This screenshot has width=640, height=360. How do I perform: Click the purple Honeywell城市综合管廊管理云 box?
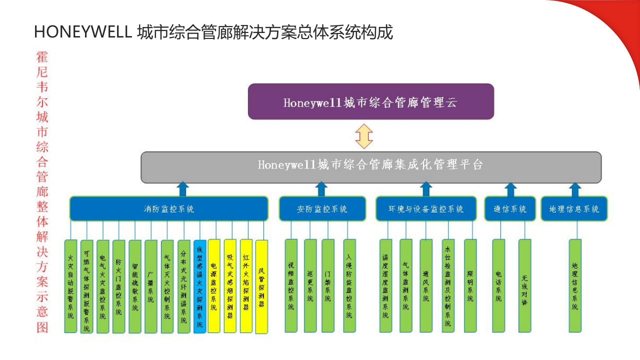(370, 101)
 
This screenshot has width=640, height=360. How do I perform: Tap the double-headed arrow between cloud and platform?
(364, 136)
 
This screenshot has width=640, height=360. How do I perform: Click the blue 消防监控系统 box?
(168, 208)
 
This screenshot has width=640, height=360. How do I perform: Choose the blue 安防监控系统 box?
(321, 208)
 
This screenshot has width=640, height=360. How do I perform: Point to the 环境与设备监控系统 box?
(426, 208)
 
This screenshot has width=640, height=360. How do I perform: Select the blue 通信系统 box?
(510, 208)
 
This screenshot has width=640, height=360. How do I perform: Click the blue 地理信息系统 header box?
(574, 208)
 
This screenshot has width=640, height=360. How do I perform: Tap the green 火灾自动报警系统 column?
(70, 286)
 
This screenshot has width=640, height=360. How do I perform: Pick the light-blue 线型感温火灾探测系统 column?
(199, 286)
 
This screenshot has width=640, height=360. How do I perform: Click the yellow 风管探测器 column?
(261, 286)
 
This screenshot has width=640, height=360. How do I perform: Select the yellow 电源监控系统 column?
(213, 286)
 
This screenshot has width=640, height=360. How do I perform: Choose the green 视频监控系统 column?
(291, 285)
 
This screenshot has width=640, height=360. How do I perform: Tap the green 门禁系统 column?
(327, 285)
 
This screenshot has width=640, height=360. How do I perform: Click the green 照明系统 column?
(470, 285)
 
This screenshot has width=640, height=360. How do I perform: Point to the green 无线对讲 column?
(524, 285)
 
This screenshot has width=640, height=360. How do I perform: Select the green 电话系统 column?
(498, 285)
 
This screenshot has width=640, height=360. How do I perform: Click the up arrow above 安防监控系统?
(321, 189)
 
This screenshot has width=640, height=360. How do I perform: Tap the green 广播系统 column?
(151, 286)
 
